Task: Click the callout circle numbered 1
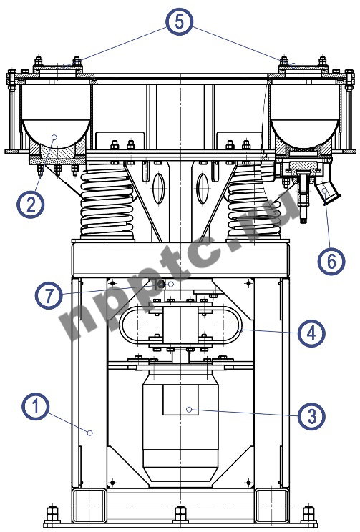point(35,406)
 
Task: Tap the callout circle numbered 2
point(31,205)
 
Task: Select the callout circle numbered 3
point(311,416)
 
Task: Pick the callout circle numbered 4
point(311,332)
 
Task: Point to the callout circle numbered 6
point(331,262)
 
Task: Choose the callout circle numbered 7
point(49,295)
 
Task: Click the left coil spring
point(107,203)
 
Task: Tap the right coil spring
point(254,203)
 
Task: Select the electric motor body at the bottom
point(180,425)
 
